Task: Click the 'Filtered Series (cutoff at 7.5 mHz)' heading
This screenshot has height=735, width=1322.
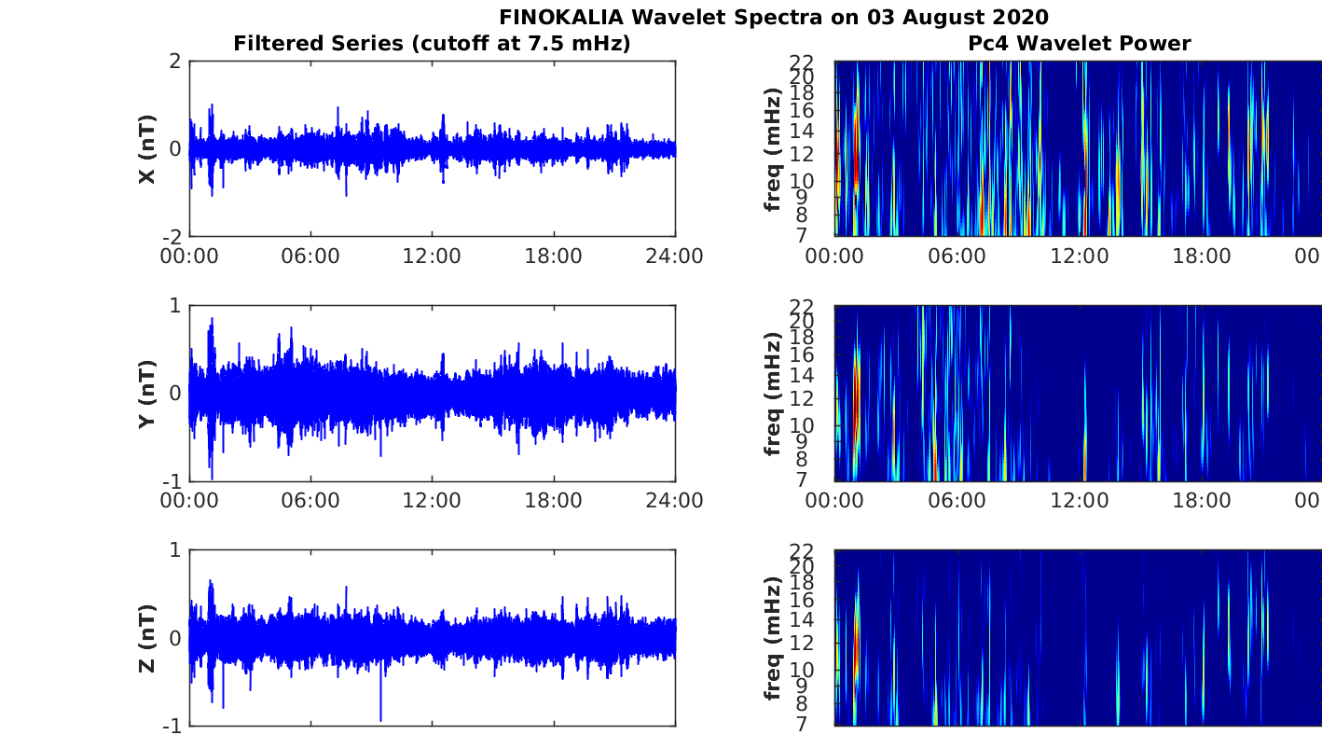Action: tap(432, 43)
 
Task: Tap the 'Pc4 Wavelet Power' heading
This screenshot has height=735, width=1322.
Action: tap(1079, 43)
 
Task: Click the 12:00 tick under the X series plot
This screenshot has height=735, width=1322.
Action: tap(432, 256)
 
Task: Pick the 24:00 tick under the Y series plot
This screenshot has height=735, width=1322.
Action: tap(674, 501)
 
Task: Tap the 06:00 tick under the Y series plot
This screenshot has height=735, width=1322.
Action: tap(310, 501)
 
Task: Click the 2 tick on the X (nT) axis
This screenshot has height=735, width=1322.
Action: tap(174, 62)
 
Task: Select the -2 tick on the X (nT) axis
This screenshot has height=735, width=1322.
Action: tap(170, 237)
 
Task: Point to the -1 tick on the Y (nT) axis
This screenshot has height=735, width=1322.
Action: tap(170, 481)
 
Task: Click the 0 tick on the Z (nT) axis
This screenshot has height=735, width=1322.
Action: tap(174, 639)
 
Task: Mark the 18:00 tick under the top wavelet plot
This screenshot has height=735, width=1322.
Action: tap(1201, 256)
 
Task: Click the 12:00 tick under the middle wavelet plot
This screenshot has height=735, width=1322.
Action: tap(1079, 501)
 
